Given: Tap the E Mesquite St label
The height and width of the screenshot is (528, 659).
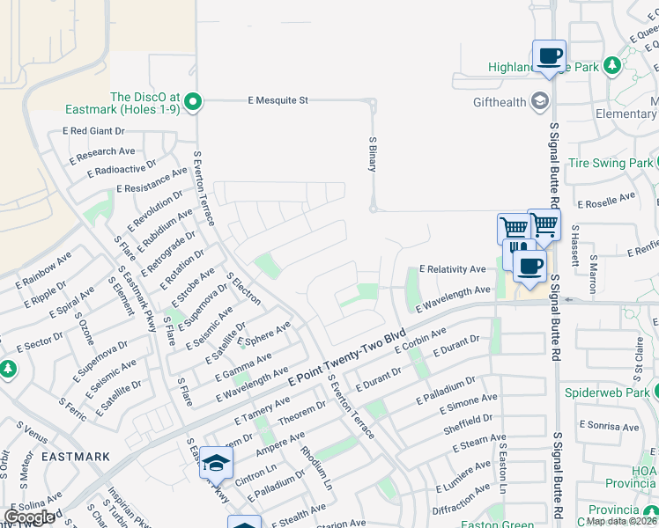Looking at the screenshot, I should coord(278,100).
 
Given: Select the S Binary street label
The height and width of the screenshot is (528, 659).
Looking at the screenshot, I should coord(373,154).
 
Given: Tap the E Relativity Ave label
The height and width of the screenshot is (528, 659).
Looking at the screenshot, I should coord(452,268).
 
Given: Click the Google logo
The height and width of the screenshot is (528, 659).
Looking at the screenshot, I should coord(30,517).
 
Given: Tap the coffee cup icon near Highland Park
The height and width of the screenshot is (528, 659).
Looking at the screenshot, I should coord(549,56).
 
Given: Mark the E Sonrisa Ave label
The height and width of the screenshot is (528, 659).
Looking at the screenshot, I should coord(609,424).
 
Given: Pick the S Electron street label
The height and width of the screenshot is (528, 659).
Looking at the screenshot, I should coord(244,289).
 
